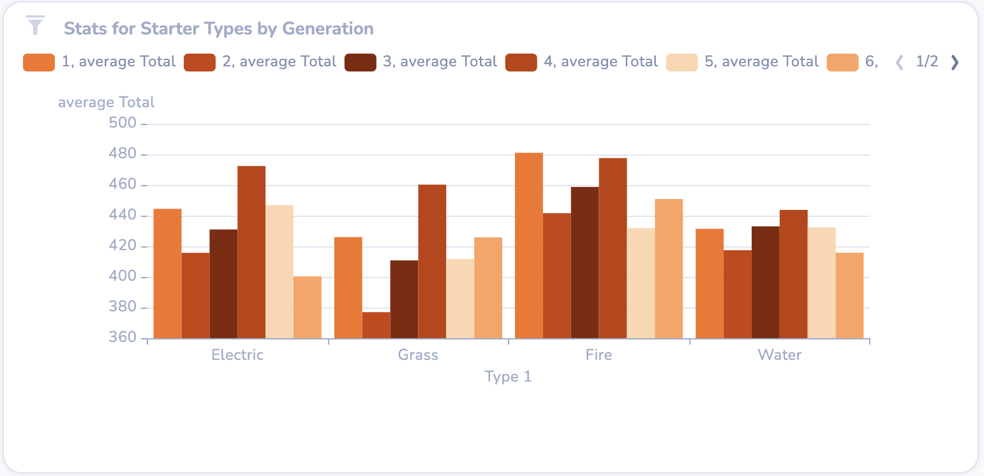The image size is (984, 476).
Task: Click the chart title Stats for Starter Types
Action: coord(218,29)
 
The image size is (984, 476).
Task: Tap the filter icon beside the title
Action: coord(36,26)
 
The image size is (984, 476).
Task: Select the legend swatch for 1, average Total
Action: coord(38,63)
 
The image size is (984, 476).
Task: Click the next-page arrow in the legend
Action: coord(955,62)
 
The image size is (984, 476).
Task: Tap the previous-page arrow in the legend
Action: coord(900,62)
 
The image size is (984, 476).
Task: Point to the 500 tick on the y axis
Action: coord(123,124)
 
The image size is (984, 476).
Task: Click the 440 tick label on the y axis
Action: coord(123,216)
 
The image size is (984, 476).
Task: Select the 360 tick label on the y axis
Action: coord(123,338)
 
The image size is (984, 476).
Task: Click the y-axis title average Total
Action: coord(107,102)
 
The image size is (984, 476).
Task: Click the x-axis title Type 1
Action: coord(508,376)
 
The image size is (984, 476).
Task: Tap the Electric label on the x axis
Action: coord(237,355)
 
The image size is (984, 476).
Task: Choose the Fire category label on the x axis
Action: coord(599,355)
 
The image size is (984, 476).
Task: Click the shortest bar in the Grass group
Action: coord(376,325)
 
